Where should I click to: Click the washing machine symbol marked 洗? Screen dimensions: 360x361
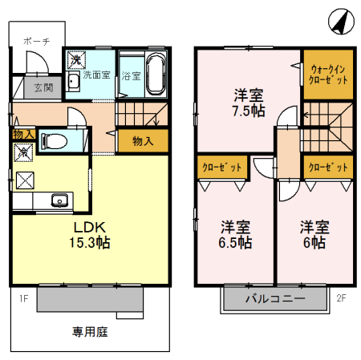pos(75,59)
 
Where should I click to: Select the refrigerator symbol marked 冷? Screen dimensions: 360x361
pos(22,151)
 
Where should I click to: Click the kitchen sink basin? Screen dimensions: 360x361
pos(59,200)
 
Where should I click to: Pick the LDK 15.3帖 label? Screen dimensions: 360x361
pos(88,234)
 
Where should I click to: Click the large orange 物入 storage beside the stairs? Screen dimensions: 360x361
pos(143,141)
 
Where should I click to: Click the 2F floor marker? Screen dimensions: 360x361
pos(340,297)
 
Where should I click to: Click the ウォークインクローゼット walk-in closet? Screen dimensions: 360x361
pos(327,75)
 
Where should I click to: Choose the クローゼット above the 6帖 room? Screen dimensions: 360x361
pos(328,168)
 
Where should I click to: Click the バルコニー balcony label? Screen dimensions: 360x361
pos(274,300)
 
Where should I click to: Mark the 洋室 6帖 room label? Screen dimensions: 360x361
pos(313,233)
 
